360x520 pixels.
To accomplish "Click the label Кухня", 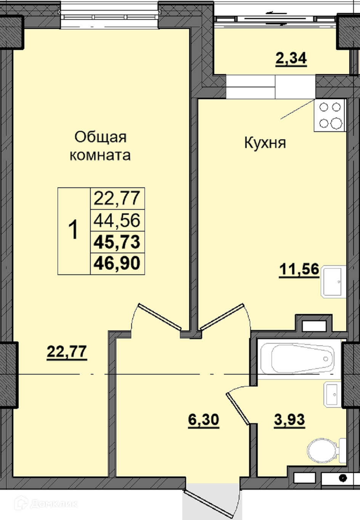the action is (x=265, y=143).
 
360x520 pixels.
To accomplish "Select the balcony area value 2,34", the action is (x=291, y=58).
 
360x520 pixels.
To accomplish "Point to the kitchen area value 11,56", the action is (x=299, y=269).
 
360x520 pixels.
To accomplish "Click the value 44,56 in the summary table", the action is (x=117, y=220).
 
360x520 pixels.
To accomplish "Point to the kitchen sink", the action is (x=333, y=282).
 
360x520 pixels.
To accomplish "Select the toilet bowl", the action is (x=326, y=450).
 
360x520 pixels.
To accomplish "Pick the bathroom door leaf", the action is (x=238, y=407).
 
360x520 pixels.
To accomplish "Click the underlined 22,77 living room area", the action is (x=67, y=351).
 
